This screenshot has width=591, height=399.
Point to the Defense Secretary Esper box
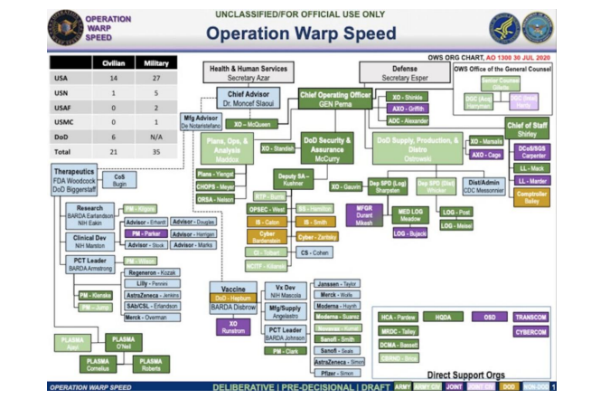pos(405,72)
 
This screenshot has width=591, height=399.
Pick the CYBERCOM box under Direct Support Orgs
pos(530,332)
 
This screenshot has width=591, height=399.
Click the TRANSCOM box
pos(530,317)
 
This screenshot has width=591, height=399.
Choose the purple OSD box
pos(489,317)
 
